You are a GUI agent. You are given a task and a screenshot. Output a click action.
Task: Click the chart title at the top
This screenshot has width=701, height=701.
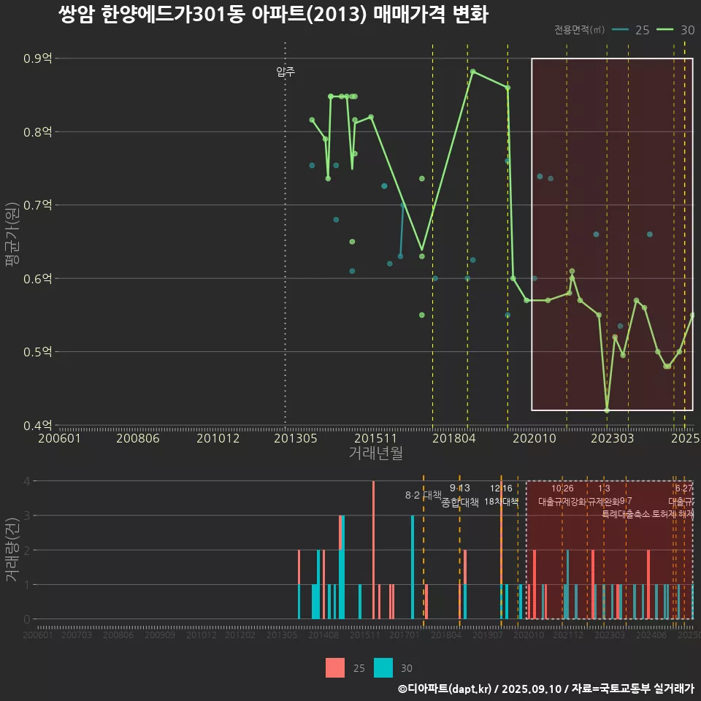272,15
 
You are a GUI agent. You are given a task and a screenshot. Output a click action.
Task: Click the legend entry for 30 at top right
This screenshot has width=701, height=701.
675,30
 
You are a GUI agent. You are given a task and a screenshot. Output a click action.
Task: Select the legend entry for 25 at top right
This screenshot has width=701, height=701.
631,30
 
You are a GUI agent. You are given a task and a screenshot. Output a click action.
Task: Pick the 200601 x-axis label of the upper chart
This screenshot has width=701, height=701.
59,439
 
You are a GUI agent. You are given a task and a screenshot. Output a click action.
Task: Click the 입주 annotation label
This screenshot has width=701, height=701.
286,72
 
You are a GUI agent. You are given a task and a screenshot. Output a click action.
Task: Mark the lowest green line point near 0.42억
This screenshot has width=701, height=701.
607,410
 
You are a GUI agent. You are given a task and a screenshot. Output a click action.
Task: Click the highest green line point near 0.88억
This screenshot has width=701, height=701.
473,72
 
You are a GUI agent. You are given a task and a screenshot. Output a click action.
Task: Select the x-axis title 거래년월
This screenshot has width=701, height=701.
375,453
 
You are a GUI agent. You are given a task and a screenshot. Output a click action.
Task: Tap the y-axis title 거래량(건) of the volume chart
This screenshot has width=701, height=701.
11,550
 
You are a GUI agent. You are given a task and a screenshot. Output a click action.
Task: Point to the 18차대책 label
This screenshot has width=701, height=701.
501,502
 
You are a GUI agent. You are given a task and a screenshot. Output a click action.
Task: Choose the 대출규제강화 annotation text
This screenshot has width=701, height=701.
562,502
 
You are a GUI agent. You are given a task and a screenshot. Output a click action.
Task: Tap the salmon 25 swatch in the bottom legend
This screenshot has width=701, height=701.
335,667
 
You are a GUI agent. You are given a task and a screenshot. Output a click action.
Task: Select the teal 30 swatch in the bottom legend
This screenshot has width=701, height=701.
383,667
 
